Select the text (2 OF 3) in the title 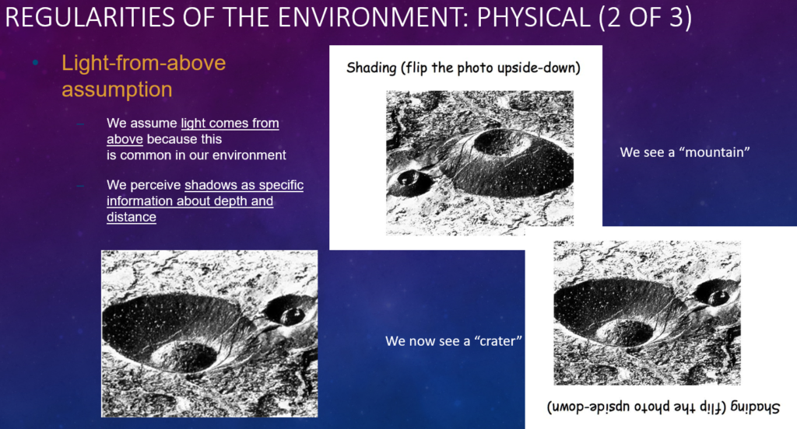645,17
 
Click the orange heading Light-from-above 143,63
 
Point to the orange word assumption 117,90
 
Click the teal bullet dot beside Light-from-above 35,63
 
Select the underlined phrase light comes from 230,124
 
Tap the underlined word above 125,139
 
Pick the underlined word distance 131,217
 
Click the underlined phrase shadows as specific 244,185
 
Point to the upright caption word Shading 371,68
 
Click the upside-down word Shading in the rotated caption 755,407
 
